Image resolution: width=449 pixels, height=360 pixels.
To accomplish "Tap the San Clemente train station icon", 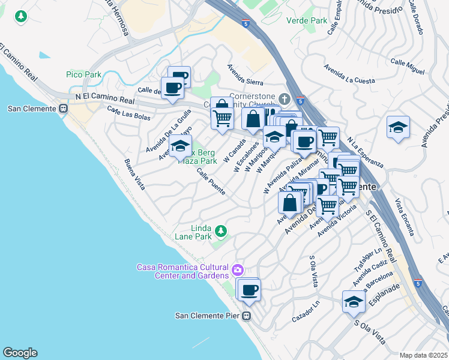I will [x=63, y=109].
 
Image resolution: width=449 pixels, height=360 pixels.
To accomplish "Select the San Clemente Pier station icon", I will [x=247, y=316].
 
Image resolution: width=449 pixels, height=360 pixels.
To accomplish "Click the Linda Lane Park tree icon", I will [x=221, y=231].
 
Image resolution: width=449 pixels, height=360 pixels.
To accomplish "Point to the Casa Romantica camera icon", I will [x=238, y=271].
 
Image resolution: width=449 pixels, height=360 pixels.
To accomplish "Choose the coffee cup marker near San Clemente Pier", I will [x=249, y=290].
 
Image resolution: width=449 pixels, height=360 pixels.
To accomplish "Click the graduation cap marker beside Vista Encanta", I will [x=397, y=127].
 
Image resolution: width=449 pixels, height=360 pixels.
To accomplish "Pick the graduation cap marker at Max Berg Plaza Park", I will [x=179, y=146].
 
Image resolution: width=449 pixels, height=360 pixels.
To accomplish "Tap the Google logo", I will [x=20, y=353].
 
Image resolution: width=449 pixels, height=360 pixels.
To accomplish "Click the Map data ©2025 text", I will [x=423, y=355].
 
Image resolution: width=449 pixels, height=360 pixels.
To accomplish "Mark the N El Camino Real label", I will [x=105, y=97].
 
